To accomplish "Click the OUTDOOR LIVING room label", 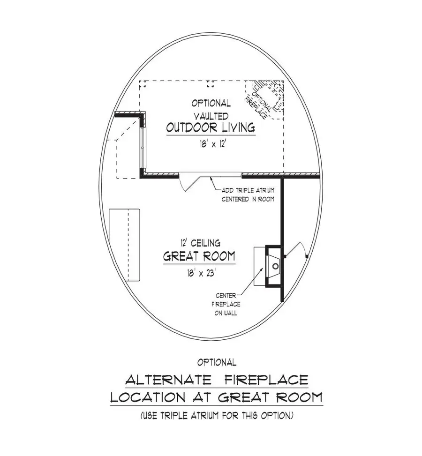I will (211, 127).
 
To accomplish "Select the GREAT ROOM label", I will (199, 257).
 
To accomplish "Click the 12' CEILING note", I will (199, 243).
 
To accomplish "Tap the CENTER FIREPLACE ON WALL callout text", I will (226, 304).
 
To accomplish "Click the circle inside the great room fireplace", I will (276, 266).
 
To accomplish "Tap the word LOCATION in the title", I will (146, 398).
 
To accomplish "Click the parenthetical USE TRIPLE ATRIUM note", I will (217, 415).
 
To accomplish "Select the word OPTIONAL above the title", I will (217, 362).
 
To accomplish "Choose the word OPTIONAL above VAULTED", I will (211, 103).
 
